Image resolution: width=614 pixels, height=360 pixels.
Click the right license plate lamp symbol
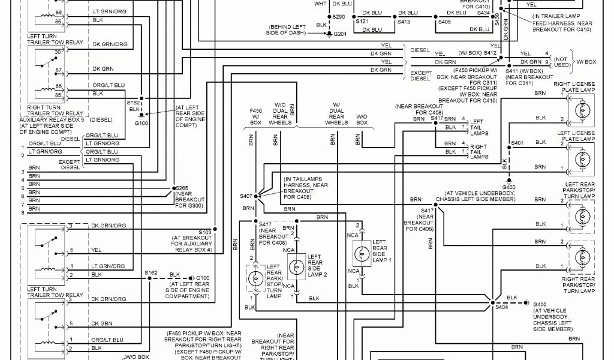click(x=581, y=112)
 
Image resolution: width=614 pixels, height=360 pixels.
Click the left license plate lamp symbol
click(x=581, y=160)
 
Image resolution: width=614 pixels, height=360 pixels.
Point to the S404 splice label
click(x=501, y=307)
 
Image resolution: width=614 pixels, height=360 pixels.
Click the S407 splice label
click(x=246, y=197)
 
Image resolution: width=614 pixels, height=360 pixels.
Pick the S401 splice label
click(x=517, y=143)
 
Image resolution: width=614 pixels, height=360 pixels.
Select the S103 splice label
click(x=205, y=232)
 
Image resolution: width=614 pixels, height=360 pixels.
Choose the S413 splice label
click(x=404, y=22)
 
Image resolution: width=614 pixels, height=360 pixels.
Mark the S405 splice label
click(x=444, y=22)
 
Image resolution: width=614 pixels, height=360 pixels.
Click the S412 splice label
click(x=490, y=53)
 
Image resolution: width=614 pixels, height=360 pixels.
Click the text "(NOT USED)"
click(x=562, y=62)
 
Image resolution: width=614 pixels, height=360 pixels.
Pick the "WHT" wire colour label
click(x=321, y=4)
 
